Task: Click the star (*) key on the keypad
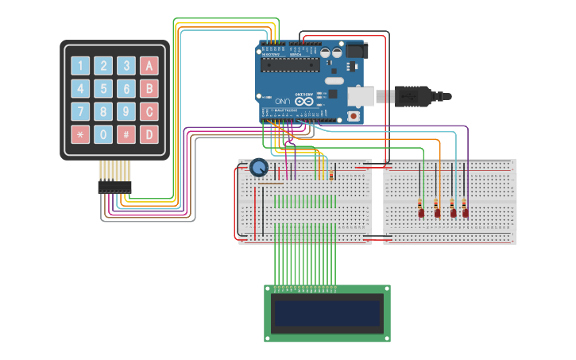click(x=80, y=134)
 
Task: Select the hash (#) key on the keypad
click(x=126, y=134)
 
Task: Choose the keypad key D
click(x=149, y=134)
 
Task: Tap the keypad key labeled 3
click(x=126, y=65)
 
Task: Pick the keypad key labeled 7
click(x=80, y=111)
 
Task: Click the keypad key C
click(x=149, y=111)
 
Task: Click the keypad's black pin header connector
click(x=114, y=187)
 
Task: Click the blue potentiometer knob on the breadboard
click(x=259, y=168)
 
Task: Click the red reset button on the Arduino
click(x=354, y=116)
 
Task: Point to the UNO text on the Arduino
click(x=283, y=102)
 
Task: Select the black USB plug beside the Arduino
click(x=413, y=97)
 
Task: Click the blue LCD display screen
click(x=327, y=314)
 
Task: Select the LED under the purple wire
click(x=466, y=212)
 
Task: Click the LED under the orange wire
click(x=437, y=212)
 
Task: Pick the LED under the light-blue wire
click(x=454, y=212)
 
